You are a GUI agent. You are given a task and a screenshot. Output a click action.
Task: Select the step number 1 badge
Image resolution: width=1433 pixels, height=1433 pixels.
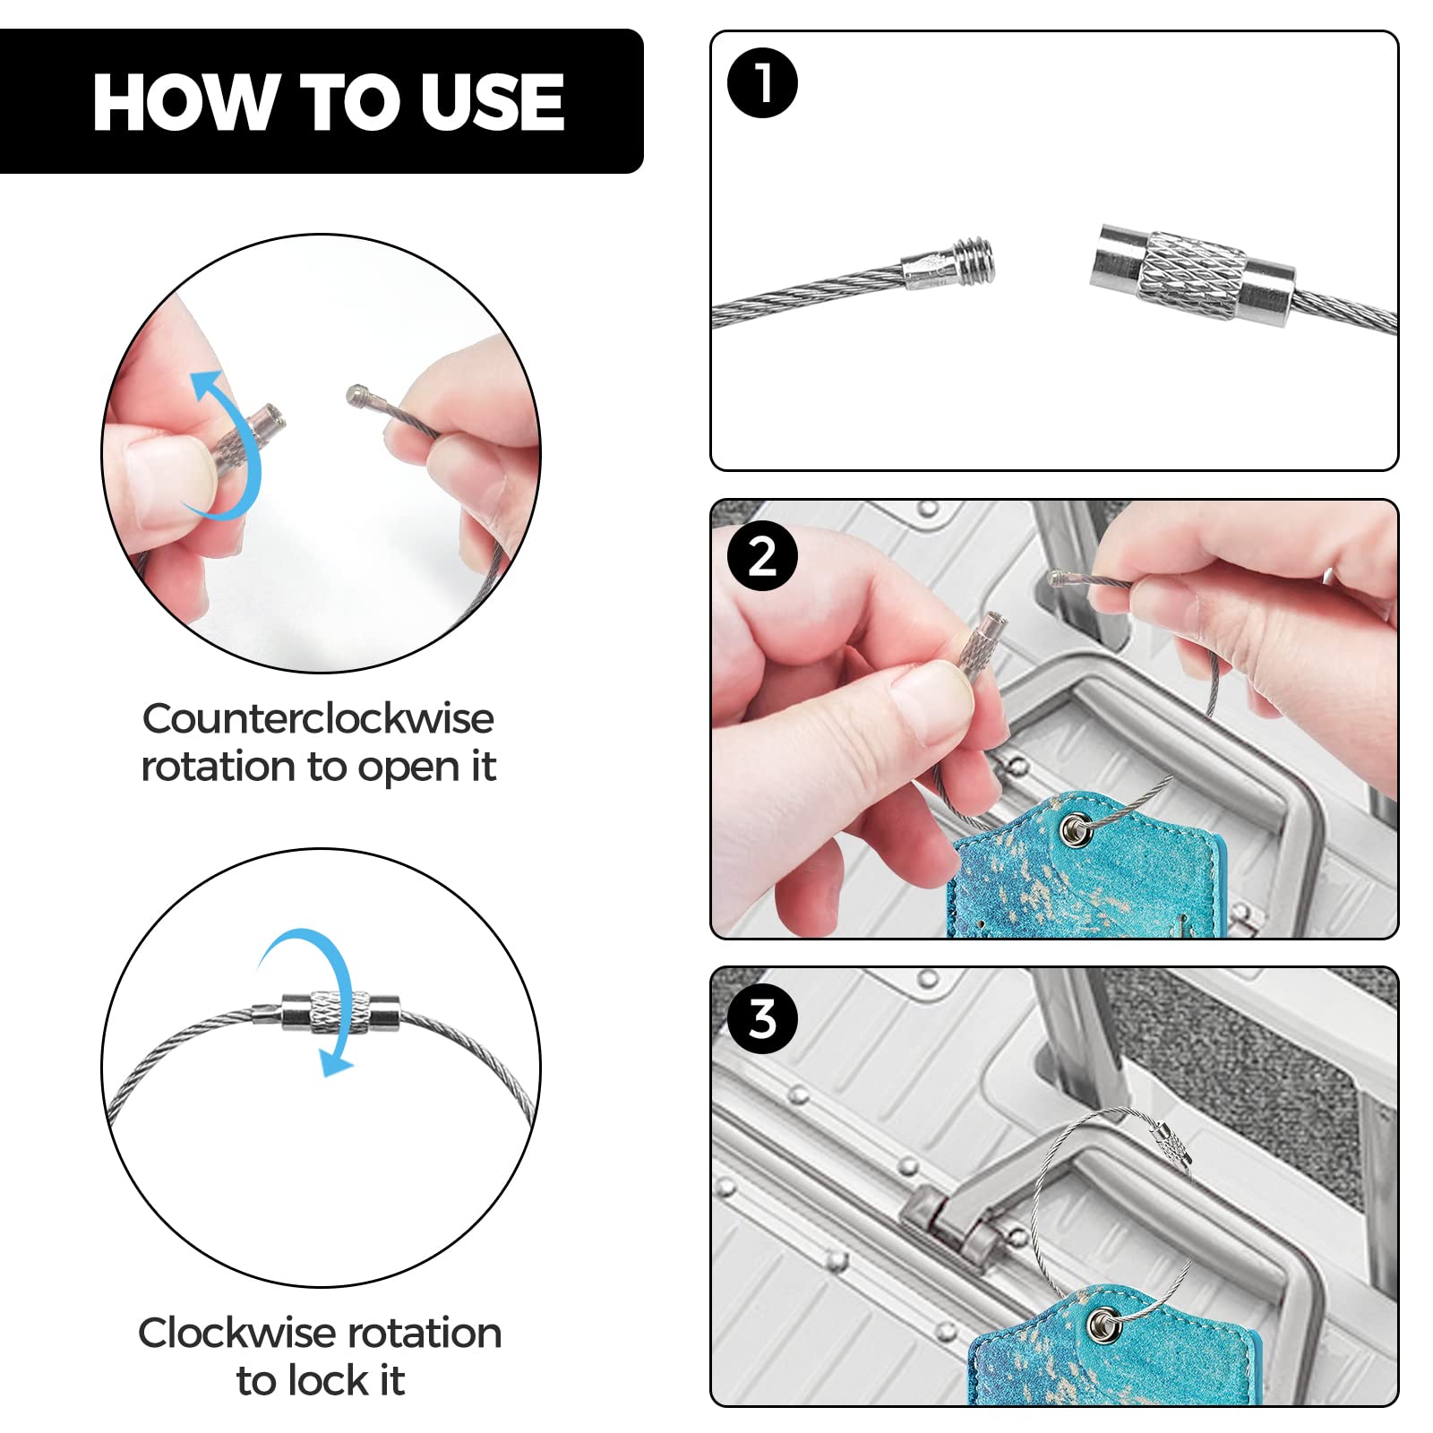pyautogui.click(x=762, y=82)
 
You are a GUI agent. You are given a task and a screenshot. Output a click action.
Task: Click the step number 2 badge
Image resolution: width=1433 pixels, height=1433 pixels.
pyautogui.click(x=762, y=556)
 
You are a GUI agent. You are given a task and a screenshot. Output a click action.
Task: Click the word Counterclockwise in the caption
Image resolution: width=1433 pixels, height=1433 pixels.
pyautogui.click(x=318, y=718)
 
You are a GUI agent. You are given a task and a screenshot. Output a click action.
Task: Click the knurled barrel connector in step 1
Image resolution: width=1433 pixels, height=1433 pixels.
pyautogui.click(x=1192, y=276)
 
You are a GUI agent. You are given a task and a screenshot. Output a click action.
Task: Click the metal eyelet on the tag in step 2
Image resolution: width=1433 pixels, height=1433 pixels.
pyautogui.click(x=1074, y=830)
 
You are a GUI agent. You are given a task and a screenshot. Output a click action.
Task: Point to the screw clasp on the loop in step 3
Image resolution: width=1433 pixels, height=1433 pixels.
pyautogui.click(x=1172, y=1147)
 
